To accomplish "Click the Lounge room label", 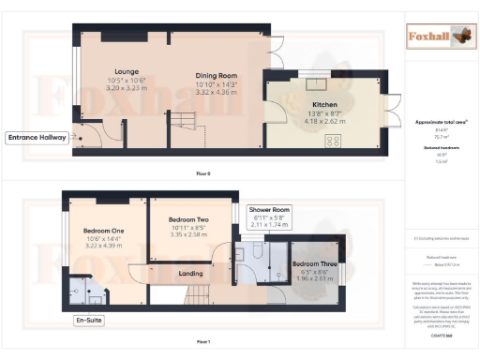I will coord(127,70).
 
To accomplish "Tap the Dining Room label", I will coord(217,75).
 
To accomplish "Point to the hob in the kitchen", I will coord(332,142).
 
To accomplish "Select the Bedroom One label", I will coord(104,231).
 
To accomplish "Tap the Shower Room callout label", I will coord(269,210).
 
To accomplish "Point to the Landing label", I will coord(191,274).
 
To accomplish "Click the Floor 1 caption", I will coord(203,342).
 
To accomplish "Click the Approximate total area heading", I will coord(441,122).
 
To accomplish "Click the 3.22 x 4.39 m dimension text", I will coord(104,245).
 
